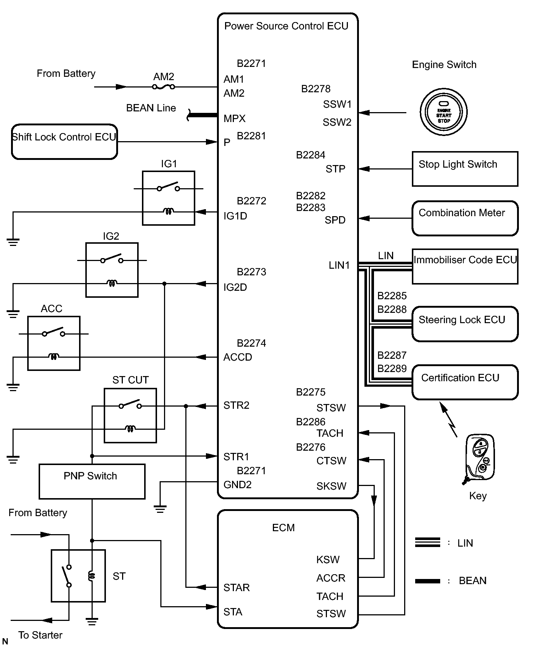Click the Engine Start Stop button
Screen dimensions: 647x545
[444, 112]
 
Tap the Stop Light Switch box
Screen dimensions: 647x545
[465, 169]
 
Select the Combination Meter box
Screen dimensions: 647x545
[465, 218]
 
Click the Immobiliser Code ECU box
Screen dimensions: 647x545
[465, 266]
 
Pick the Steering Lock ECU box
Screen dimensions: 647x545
[465, 324]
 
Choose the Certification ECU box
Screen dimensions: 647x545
[465, 382]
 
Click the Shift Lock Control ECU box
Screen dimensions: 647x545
[64, 142]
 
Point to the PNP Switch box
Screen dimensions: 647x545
[92, 481]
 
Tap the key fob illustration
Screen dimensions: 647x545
[479, 458]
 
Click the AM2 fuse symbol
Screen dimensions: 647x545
[164, 87]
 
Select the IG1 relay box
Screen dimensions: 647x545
[168, 198]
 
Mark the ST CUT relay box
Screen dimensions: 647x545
[130, 415]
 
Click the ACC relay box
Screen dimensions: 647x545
[54, 343]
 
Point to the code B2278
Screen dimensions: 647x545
[316, 89]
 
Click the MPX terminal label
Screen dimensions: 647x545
[235, 119]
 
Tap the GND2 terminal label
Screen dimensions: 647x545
[238, 485]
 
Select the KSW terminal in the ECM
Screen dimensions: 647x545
[328, 560]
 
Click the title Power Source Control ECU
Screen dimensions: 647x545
[286, 26]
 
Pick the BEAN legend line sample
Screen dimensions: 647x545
[427, 581]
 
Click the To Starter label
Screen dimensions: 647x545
[40, 635]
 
